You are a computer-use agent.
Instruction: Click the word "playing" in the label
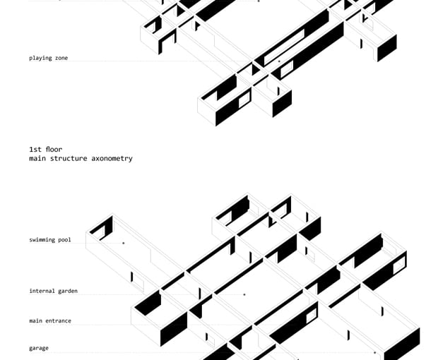[x=40, y=58]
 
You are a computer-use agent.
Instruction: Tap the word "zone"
[x=61, y=58]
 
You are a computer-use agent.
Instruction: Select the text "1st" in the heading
[x=35, y=150]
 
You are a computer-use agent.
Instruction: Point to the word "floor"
[x=54, y=150]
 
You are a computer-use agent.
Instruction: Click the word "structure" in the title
[x=69, y=159]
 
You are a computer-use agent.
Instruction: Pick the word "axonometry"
[x=112, y=159]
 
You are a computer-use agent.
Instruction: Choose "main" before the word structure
[x=37, y=159]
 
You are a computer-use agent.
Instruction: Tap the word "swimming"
[x=42, y=240]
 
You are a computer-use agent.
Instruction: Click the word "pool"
[x=64, y=240]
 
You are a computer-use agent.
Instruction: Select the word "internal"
[x=42, y=291]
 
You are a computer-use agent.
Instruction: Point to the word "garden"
[x=68, y=291]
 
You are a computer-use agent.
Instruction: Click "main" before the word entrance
[x=35, y=321]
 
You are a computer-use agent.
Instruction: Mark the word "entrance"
[x=58, y=321]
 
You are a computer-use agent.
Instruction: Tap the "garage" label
[x=39, y=348]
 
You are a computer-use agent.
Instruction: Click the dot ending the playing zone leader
[x=279, y=61]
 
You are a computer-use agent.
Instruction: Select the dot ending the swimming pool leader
[x=124, y=243]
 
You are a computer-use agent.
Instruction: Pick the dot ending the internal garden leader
[x=244, y=294]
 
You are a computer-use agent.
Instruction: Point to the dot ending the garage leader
[x=375, y=353]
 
